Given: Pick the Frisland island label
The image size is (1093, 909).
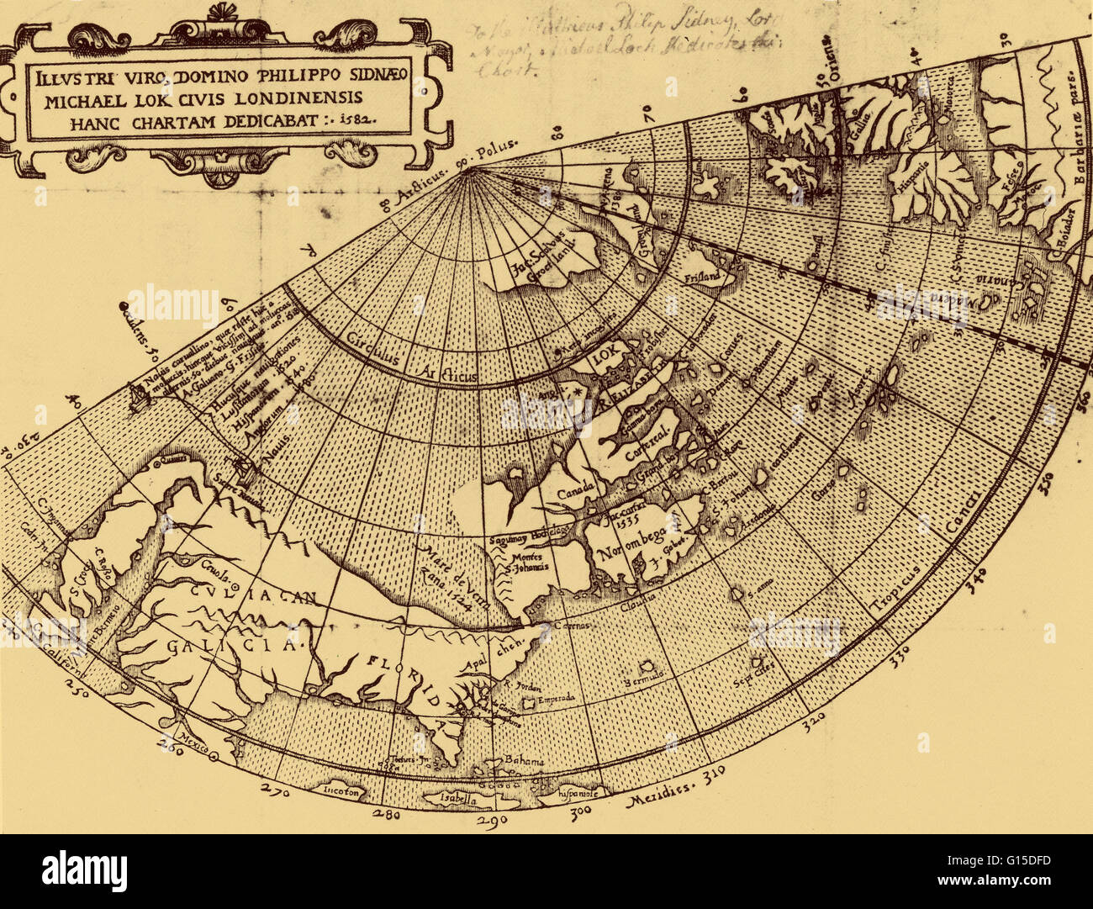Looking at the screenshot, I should [x=703, y=276].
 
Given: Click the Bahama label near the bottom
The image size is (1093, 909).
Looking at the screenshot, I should [x=524, y=761].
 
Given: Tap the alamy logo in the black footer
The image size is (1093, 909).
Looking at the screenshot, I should [x=84, y=870].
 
